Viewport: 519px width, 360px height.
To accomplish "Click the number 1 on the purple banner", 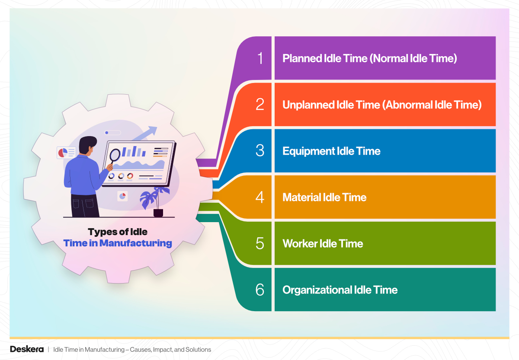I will click(260, 58).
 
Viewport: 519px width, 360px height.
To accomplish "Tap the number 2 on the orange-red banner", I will click(260, 105).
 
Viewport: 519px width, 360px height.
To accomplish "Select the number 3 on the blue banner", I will click(260, 151).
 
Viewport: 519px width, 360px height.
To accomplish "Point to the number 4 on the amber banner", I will click(260, 198).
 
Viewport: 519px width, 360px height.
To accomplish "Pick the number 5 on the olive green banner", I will click(260, 244).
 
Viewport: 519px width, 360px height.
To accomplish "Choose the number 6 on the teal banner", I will click(260, 290).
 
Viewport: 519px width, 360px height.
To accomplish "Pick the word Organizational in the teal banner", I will click(317, 290).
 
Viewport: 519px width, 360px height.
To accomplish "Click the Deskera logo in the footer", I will click(27, 349).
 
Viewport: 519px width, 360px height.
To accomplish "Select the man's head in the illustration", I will click(88, 146).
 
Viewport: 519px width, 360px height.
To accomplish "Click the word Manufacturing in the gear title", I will click(135, 243).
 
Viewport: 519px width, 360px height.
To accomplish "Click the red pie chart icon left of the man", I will click(63, 152).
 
